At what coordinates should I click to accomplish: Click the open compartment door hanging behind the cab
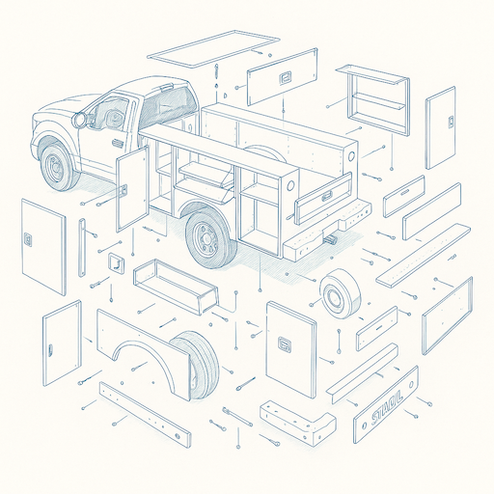point(131,188)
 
